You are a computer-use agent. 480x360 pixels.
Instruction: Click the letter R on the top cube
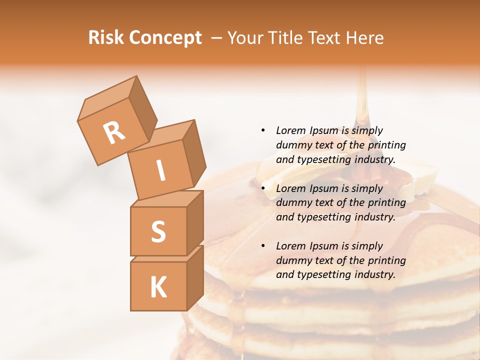point(114,132)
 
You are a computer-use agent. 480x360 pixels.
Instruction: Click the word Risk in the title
point(106,38)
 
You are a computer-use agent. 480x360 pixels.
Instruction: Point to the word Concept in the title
point(165,38)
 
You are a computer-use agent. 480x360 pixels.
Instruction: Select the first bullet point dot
point(263,130)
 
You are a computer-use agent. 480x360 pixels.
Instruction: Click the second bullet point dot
point(263,188)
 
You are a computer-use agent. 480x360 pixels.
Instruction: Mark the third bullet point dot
point(263,246)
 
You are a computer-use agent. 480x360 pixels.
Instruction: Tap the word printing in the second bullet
point(386,203)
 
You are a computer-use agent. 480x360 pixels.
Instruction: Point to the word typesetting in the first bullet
point(324,160)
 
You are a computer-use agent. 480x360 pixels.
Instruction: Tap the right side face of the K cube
point(195,277)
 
